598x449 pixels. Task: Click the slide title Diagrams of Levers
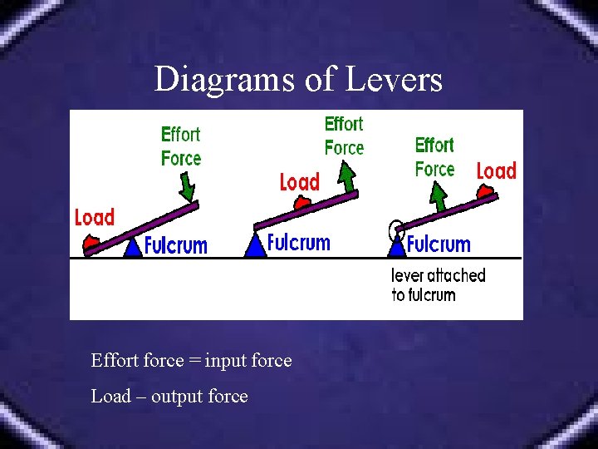tap(298, 80)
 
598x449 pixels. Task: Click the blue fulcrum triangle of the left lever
tap(132, 247)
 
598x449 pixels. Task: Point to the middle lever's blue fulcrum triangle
tap(256, 246)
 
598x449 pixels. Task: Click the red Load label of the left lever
tap(94, 218)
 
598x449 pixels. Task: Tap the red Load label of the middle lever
tap(299, 182)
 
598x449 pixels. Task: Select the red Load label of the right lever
tap(496, 171)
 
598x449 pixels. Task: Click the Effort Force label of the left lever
tap(181, 146)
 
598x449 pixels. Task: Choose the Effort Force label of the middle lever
tap(344, 136)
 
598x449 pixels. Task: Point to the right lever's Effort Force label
tap(434, 156)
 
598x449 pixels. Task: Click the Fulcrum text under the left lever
tap(175, 245)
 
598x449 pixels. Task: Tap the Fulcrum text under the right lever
tap(439, 244)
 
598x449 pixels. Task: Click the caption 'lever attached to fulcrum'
tap(438, 284)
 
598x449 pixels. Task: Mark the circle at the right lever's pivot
tap(396, 226)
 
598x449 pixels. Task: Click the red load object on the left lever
tap(91, 243)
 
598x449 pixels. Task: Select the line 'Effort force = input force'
tap(191, 361)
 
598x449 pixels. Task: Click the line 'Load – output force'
tap(169, 397)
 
